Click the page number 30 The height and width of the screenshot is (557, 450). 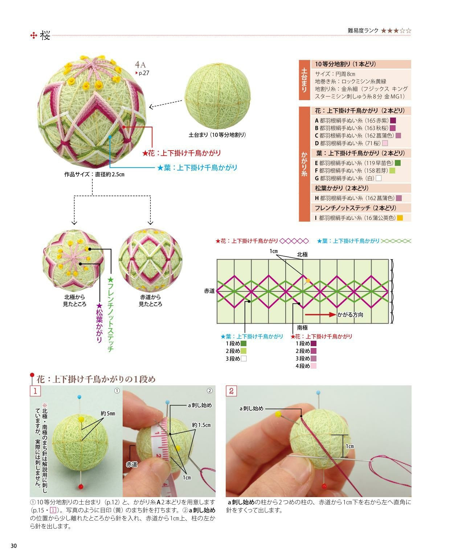14,545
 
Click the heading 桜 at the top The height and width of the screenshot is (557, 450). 45,36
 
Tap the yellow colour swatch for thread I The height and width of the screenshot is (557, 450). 400,218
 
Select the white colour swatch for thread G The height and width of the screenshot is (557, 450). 379,178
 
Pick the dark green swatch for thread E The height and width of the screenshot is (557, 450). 398,163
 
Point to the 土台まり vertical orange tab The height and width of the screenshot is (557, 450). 304,80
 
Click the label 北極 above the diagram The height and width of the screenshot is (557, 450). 302,254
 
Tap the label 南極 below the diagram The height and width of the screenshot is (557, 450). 302,328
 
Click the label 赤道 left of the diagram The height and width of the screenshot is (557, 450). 209,291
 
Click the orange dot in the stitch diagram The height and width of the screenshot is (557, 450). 308,280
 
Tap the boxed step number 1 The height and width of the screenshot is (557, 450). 35,391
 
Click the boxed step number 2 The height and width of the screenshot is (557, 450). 231,391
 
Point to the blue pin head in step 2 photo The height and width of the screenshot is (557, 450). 318,393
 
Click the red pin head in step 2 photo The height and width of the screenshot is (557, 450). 323,486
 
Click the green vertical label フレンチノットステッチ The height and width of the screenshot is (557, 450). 111,314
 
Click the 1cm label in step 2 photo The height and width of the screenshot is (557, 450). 349,446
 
